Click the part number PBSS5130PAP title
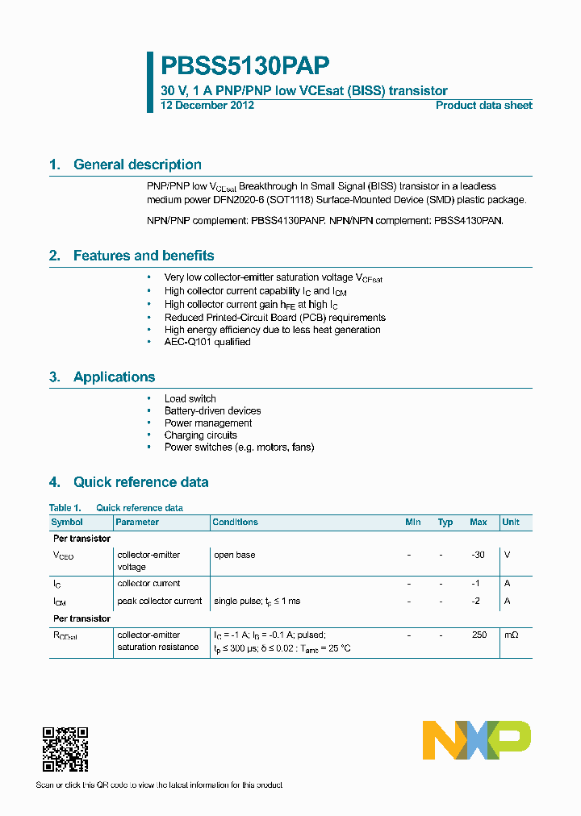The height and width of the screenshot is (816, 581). point(245,65)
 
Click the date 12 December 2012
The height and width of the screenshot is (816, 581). point(207,106)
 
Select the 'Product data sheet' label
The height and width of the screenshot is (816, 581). point(483,106)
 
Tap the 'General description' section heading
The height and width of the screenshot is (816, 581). point(137,164)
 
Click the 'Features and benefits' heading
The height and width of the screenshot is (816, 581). point(144,256)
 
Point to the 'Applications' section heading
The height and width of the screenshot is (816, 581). point(114,377)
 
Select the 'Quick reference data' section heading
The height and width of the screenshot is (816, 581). point(140,482)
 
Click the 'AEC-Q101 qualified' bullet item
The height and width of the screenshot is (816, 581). point(207,342)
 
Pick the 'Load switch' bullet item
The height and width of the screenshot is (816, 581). point(190,398)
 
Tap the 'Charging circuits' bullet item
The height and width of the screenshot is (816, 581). point(200,435)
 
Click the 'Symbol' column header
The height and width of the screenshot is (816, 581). point(67,522)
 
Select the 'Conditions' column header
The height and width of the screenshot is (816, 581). point(235,522)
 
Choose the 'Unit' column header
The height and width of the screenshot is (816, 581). point(511,522)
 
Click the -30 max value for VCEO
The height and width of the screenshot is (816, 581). point(478,555)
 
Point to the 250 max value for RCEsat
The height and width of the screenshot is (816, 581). point(479,635)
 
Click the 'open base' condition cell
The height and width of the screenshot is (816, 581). point(234,555)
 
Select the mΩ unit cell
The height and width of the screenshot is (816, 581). point(511,635)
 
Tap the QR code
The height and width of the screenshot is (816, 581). point(65,749)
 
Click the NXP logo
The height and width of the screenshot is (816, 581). point(477,740)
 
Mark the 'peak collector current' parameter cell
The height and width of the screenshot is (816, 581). point(160,601)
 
